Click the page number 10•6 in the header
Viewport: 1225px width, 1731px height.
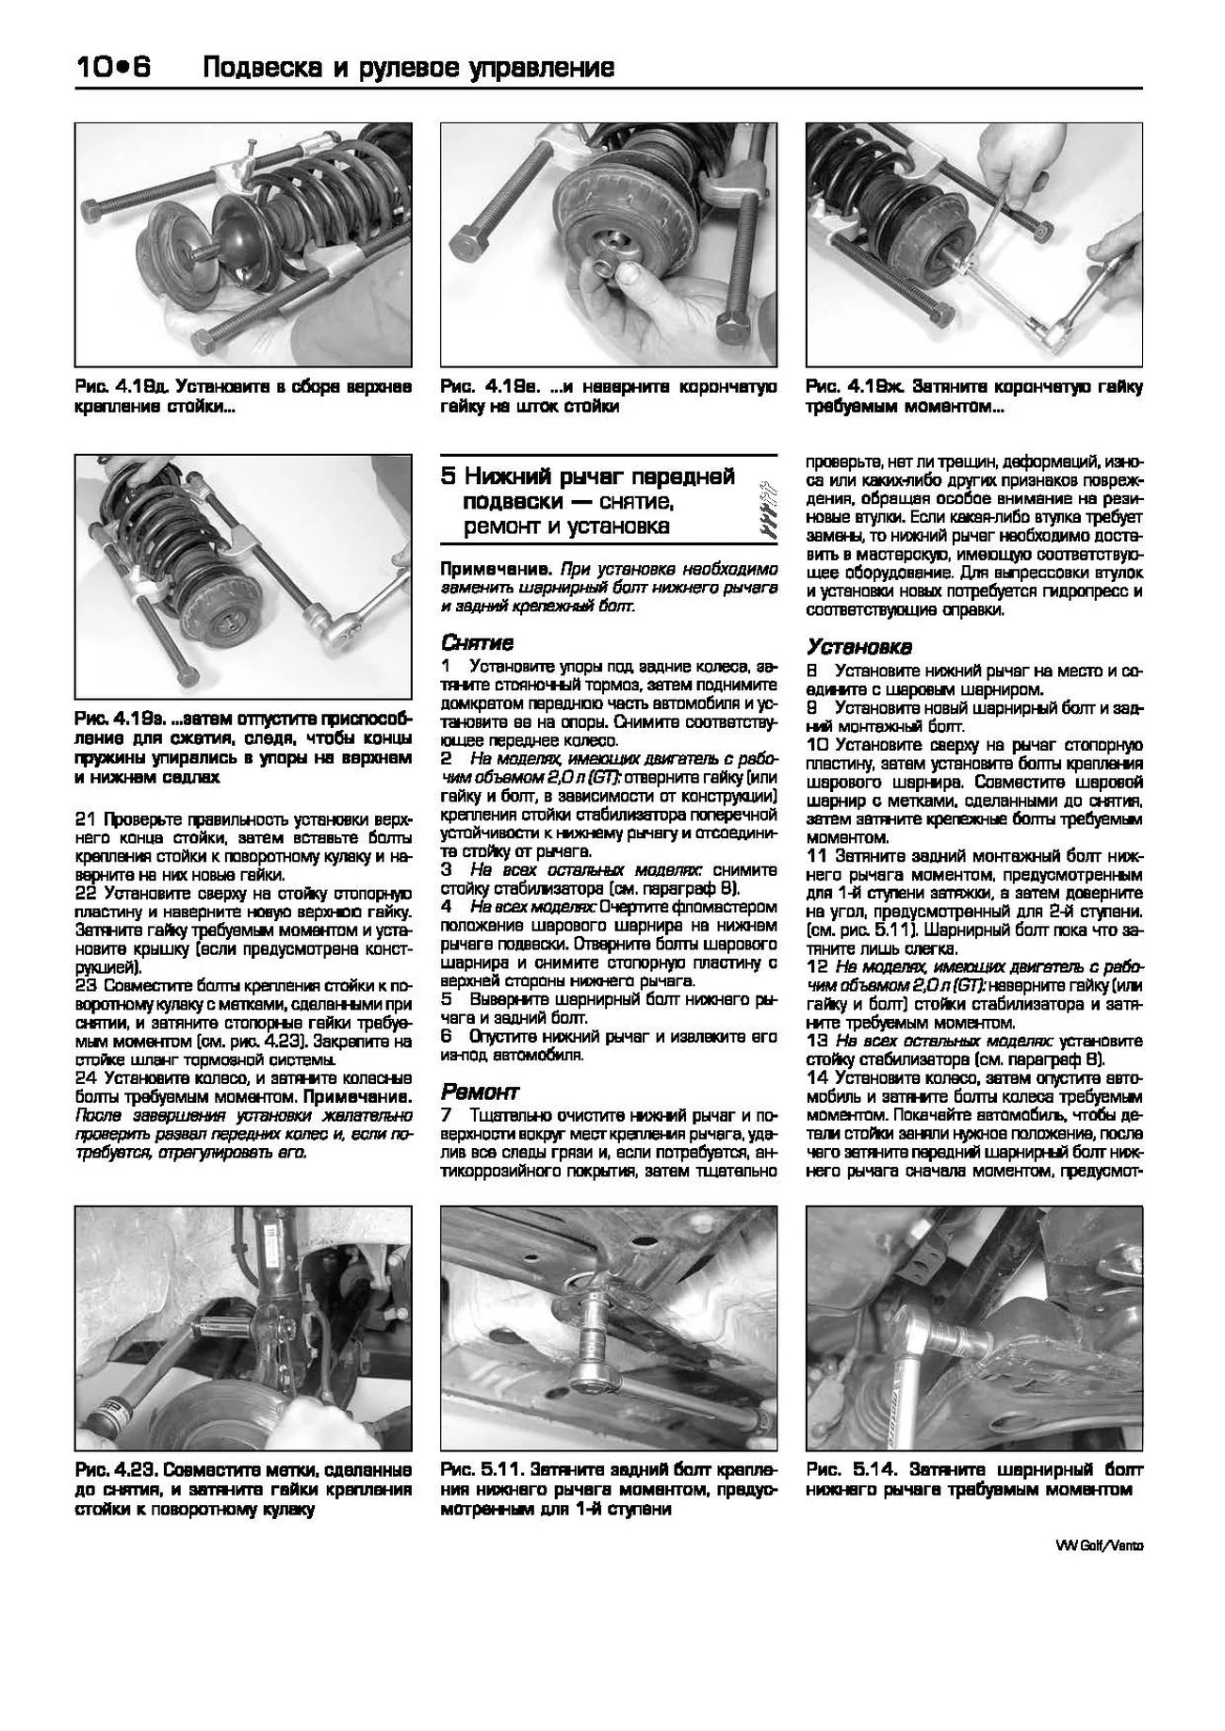[x=113, y=68]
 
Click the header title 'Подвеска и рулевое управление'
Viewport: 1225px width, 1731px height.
[x=409, y=68]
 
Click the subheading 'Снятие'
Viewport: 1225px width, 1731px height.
[x=477, y=643]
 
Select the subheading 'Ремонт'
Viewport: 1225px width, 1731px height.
[x=480, y=1092]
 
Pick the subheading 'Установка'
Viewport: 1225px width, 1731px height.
[x=858, y=647]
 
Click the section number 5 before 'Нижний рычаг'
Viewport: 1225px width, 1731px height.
[x=449, y=477]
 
